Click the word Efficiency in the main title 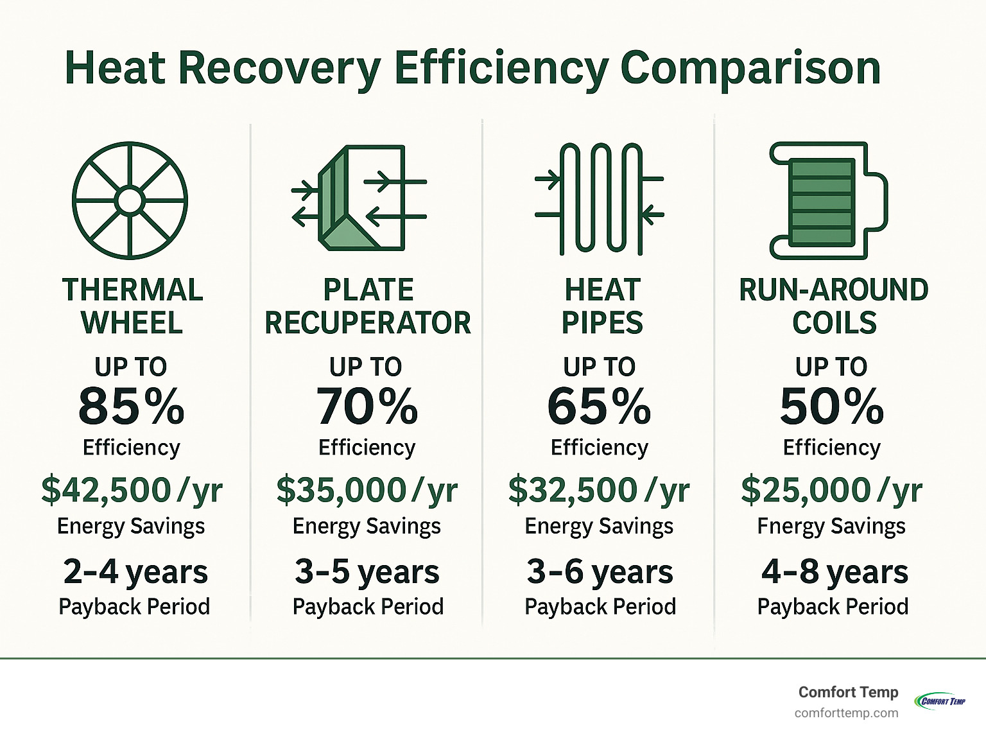click(x=500, y=68)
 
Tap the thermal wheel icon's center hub click(x=130, y=200)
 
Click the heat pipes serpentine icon click(x=600, y=198)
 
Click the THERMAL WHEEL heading click(x=132, y=306)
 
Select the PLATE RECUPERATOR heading click(x=368, y=306)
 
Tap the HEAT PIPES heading click(x=602, y=306)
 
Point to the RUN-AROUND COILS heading click(x=833, y=306)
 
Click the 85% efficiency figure click(x=132, y=406)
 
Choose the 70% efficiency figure click(x=367, y=406)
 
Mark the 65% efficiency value click(x=599, y=406)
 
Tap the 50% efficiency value click(x=832, y=406)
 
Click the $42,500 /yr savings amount click(x=132, y=490)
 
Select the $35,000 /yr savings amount click(x=367, y=490)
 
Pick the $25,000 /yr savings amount click(x=832, y=490)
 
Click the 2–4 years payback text click(x=135, y=571)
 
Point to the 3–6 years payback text click(x=600, y=571)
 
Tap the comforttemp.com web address click(x=846, y=713)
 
